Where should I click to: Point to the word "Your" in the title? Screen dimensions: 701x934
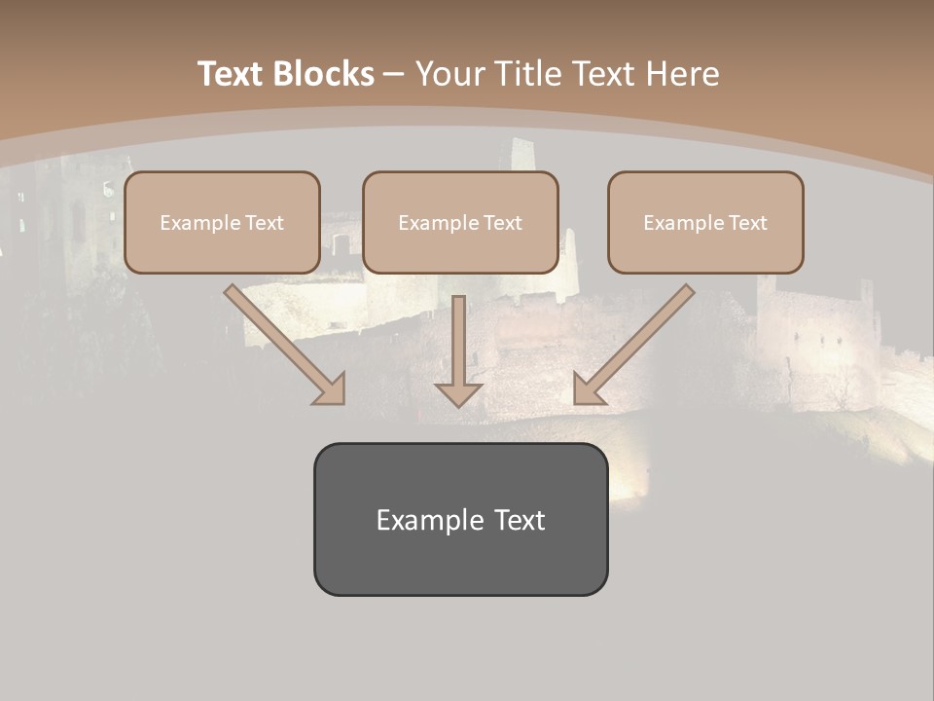click(x=449, y=74)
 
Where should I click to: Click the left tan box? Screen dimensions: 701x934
click(x=222, y=222)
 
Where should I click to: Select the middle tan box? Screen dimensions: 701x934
click(x=460, y=222)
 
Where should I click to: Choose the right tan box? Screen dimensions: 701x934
click(x=705, y=222)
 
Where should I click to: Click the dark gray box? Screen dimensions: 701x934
click(x=460, y=519)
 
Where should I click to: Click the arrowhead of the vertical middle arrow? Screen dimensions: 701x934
click(x=458, y=392)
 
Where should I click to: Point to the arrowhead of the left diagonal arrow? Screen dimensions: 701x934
click(x=331, y=389)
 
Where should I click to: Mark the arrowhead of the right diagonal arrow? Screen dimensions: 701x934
click(x=588, y=389)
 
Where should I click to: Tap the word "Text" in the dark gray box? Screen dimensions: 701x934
click(x=519, y=520)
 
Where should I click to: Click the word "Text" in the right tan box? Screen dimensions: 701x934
click(x=748, y=223)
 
